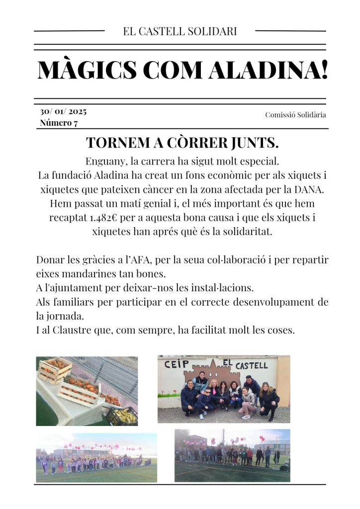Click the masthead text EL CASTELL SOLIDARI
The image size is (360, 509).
[180, 31]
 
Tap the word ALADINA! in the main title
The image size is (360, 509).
[268, 70]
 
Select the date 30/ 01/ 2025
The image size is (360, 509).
[63, 111]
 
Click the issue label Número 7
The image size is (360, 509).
[59, 123]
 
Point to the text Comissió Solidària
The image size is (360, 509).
[295, 115]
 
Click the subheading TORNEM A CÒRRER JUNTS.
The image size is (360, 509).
[182, 143]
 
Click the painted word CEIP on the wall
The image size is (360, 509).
[174, 364]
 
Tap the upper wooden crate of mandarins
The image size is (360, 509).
[55, 369]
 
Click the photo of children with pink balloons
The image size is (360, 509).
[96, 457]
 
